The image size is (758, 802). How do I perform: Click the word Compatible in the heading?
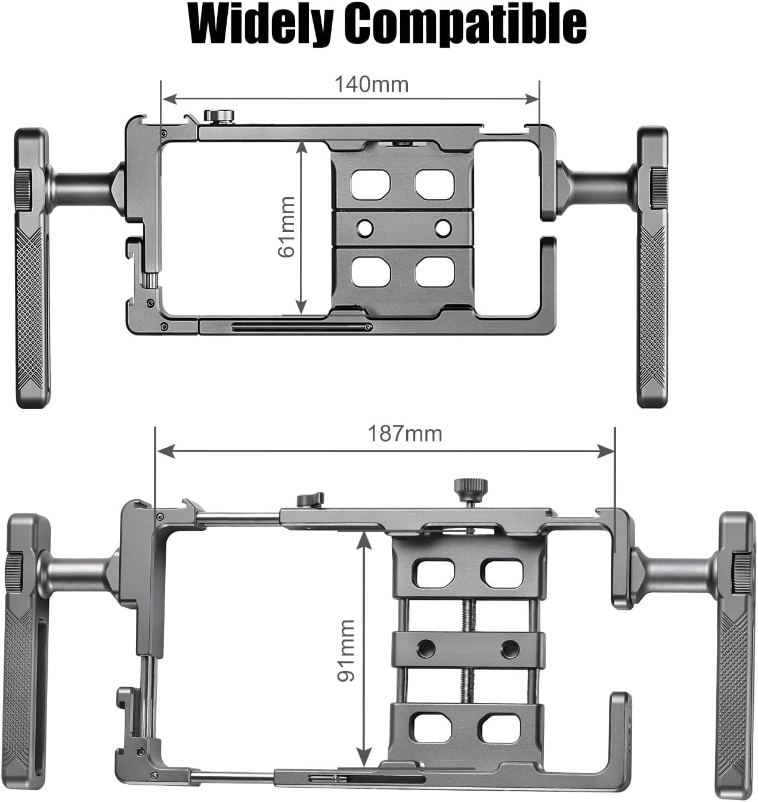point(465,24)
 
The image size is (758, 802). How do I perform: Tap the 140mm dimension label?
point(371,85)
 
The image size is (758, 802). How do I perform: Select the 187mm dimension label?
point(405,433)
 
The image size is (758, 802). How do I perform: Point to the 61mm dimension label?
point(287,227)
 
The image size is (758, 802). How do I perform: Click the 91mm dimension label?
point(346,650)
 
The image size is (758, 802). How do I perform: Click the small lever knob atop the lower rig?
point(310,499)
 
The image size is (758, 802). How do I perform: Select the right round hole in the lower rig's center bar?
point(509,649)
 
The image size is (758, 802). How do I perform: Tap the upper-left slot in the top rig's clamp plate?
point(370,184)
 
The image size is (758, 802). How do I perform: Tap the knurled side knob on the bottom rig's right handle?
point(742,572)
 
